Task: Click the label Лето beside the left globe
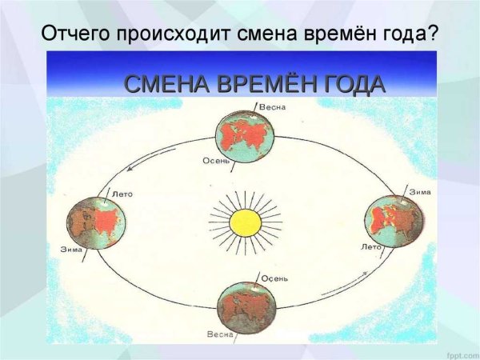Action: pyautogui.click(x=122, y=194)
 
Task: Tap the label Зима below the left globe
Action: pyautogui.click(x=71, y=250)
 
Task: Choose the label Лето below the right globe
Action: pyautogui.click(x=371, y=246)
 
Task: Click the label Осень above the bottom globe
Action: pyautogui.click(x=275, y=278)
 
